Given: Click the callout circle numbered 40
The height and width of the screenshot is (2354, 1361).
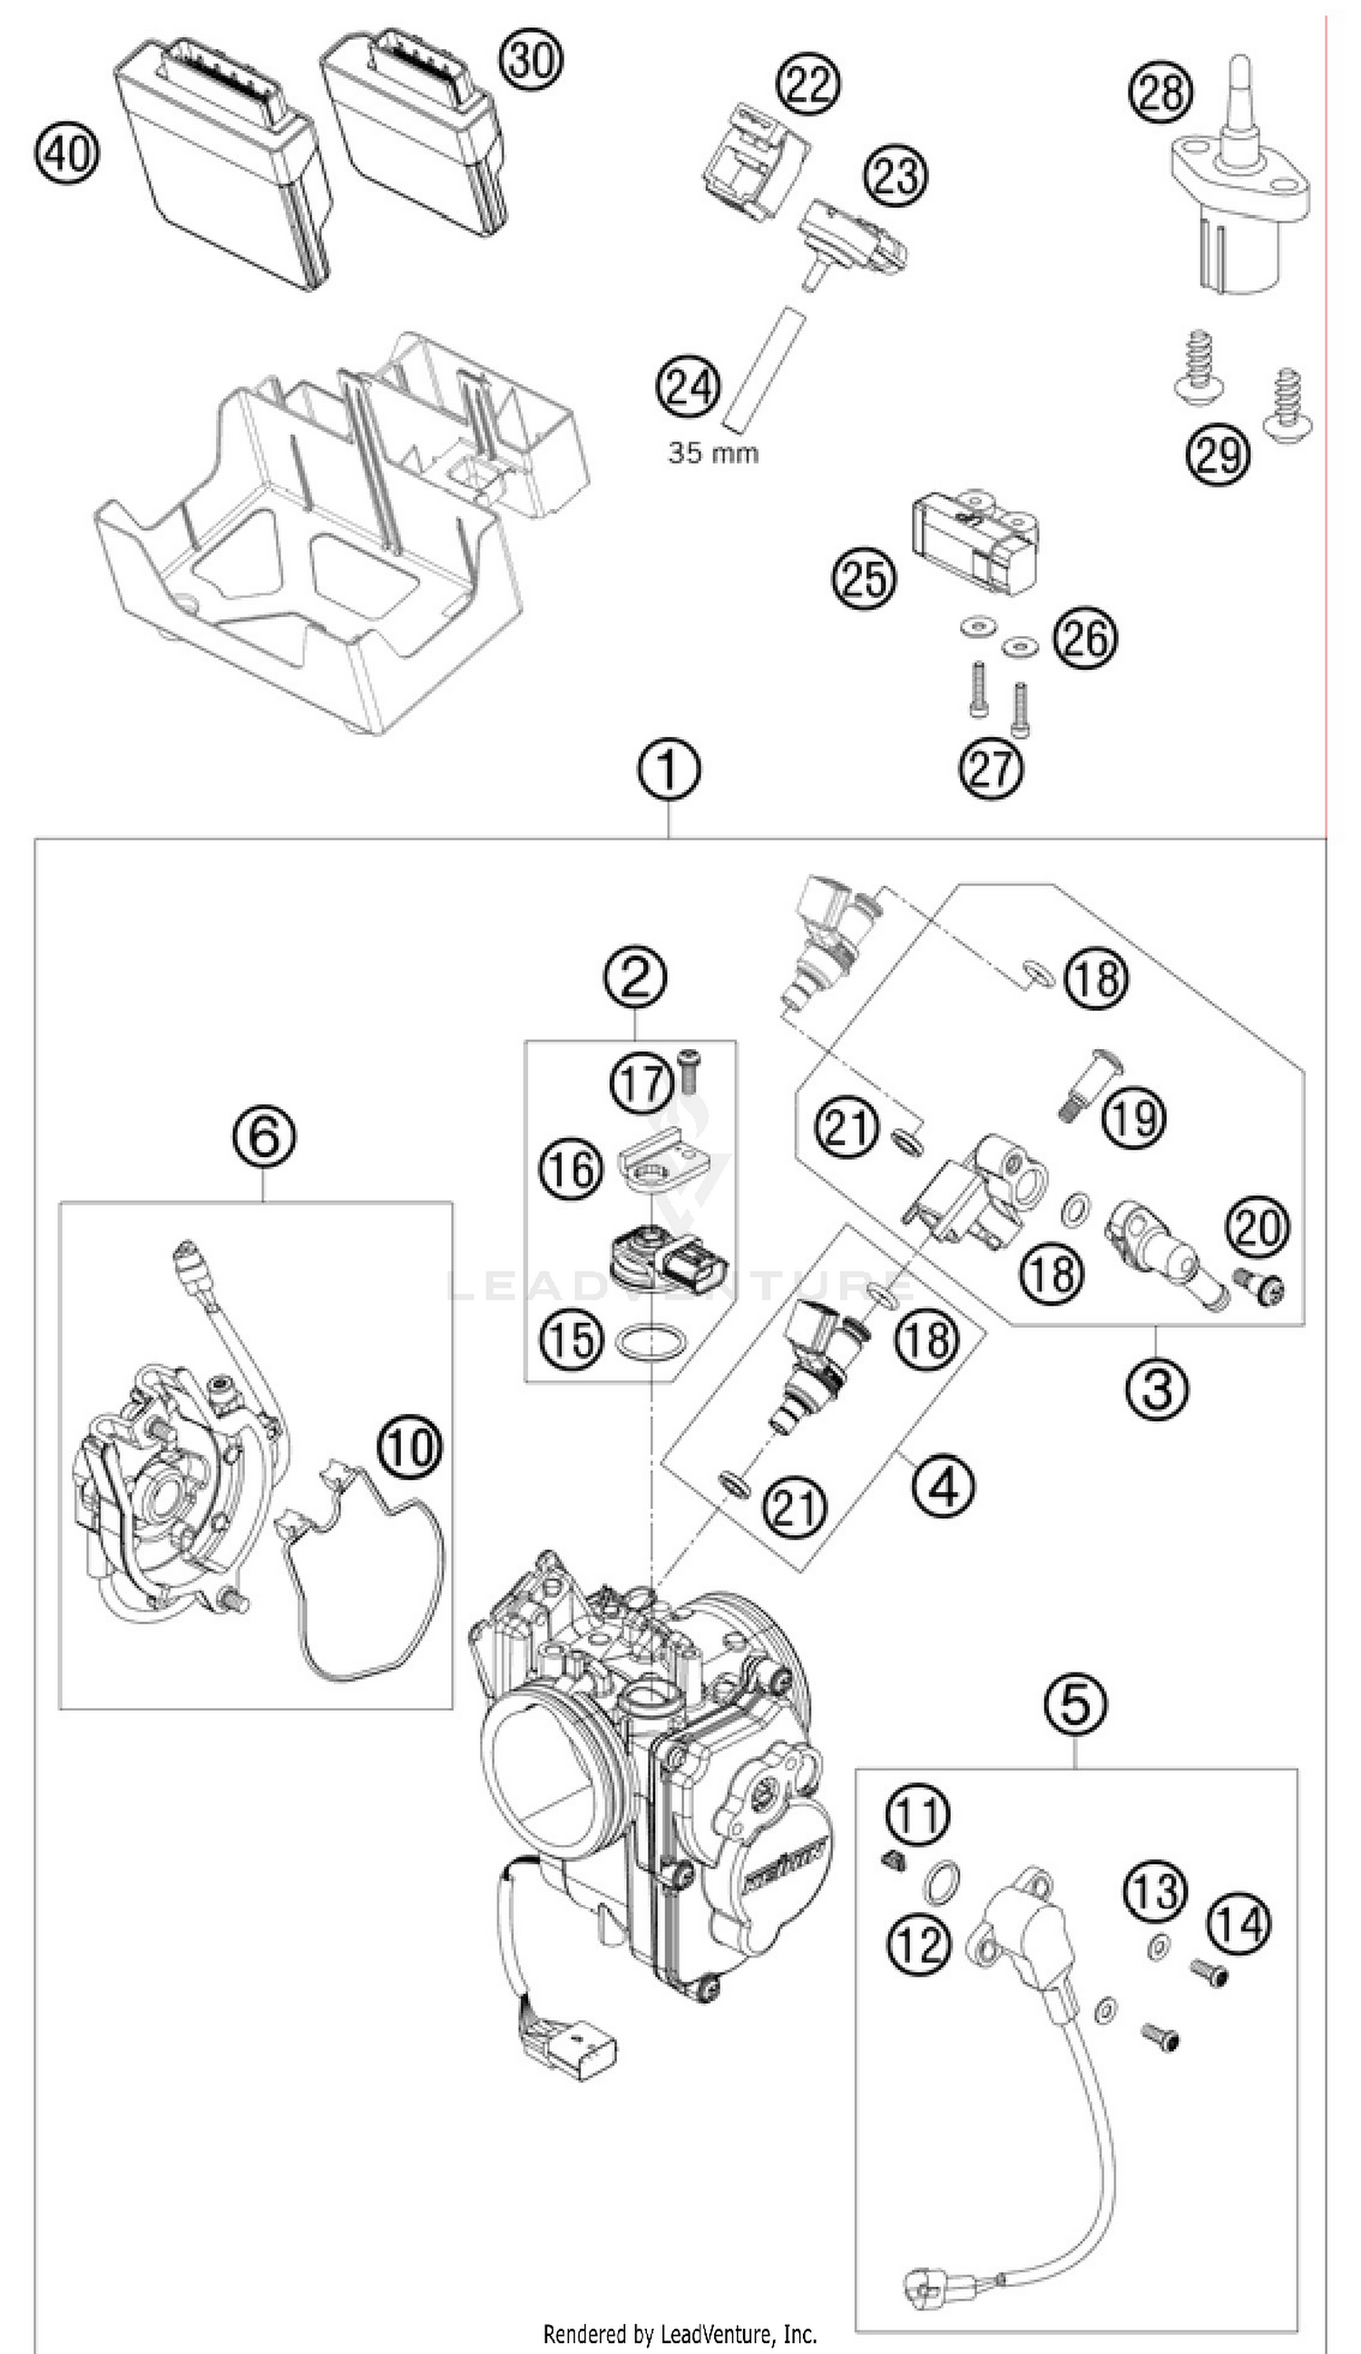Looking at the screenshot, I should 66,152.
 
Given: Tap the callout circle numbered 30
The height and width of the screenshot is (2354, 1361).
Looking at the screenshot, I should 531,60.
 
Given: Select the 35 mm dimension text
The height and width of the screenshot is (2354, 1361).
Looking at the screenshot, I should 713,454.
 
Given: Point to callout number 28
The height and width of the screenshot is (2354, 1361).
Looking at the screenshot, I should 1161,92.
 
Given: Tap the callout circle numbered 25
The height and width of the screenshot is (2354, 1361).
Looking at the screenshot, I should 863,579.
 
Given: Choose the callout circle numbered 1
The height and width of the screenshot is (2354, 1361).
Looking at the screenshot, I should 669,770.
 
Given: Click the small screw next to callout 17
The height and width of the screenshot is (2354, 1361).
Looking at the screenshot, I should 689,1068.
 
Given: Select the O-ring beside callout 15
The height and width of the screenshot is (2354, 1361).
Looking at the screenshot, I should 651,1343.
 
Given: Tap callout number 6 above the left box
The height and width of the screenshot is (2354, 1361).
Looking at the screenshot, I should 264,1137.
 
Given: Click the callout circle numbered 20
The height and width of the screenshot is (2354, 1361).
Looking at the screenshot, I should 1258,1228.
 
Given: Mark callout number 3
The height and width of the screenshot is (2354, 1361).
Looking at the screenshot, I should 1157,1388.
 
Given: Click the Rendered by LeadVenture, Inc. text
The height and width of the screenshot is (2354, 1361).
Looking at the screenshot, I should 680,2333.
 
